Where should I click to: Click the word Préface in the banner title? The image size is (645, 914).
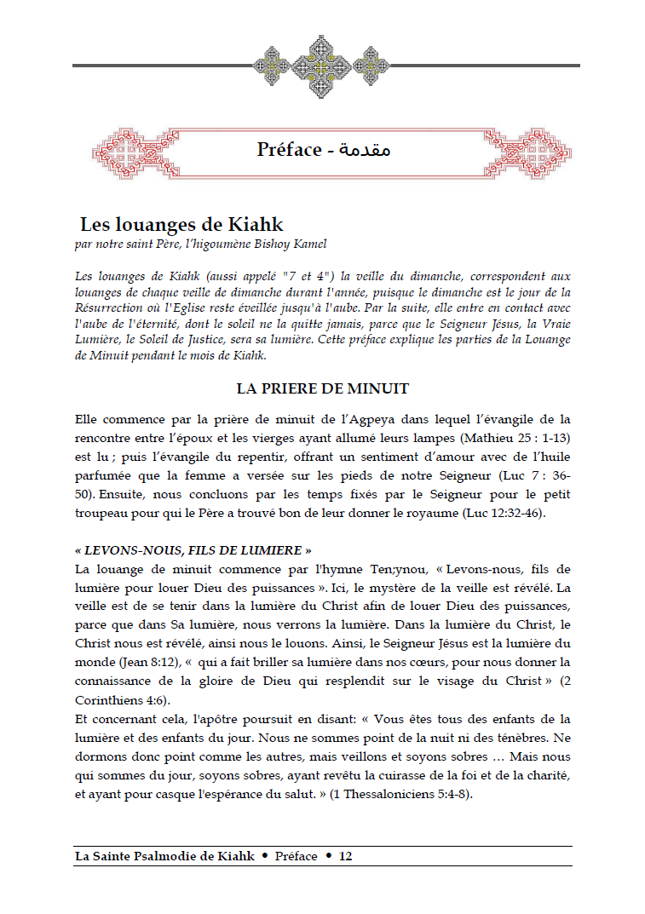click(289, 150)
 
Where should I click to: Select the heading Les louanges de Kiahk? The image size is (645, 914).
click(181, 225)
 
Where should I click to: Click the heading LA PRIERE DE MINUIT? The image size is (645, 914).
click(323, 388)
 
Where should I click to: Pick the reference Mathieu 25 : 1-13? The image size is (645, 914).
click(510, 438)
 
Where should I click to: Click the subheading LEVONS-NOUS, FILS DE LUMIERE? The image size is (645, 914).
click(193, 550)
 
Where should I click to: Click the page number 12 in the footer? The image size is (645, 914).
click(345, 856)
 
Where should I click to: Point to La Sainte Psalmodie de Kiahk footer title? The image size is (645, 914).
click(164, 856)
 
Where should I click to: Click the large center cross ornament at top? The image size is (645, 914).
click(323, 64)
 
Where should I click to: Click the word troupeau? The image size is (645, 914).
click(104, 514)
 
